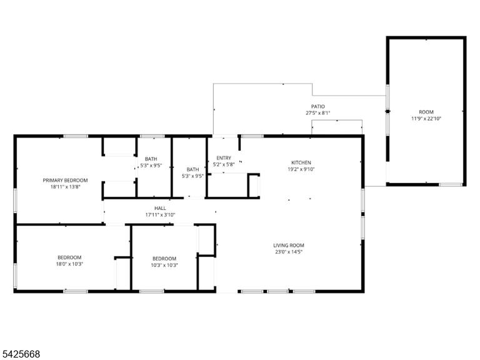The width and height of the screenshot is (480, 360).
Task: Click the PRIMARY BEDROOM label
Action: tap(65, 180)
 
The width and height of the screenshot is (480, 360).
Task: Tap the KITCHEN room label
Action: tap(301, 162)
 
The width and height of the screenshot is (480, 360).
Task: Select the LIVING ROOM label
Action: tap(289, 245)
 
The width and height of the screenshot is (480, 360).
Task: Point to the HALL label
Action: tap(160, 208)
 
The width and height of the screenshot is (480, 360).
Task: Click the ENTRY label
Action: tap(224, 158)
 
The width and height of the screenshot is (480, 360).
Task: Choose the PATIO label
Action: tap(318, 106)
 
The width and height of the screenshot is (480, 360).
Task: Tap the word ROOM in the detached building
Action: tap(426, 112)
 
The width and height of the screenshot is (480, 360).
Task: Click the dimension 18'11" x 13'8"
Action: tap(65, 187)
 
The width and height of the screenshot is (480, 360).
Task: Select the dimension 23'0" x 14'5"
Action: tap(289, 252)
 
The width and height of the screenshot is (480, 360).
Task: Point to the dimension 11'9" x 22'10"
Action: tap(426, 119)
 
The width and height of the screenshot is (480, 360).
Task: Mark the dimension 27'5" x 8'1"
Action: tap(318, 113)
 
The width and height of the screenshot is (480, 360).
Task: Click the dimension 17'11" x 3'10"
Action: tap(160, 215)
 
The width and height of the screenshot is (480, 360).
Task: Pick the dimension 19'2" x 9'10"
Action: tap(301, 169)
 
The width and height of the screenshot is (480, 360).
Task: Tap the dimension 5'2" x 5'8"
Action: tap(224, 164)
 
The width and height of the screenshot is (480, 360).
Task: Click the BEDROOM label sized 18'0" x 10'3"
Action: tap(69, 257)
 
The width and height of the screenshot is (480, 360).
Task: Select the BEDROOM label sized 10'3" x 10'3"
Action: tap(164, 259)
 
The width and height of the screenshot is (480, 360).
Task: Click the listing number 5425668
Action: tap(20, 354)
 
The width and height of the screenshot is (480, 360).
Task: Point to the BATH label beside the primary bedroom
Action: tap(151, 159)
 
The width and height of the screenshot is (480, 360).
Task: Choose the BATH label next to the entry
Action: tap(192, 169)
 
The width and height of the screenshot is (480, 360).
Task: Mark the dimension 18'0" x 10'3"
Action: tap(69, 264)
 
